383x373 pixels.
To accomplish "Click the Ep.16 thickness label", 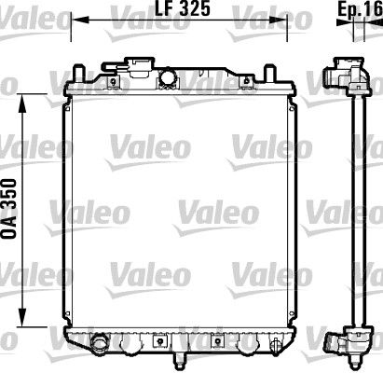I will pos(358,8).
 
